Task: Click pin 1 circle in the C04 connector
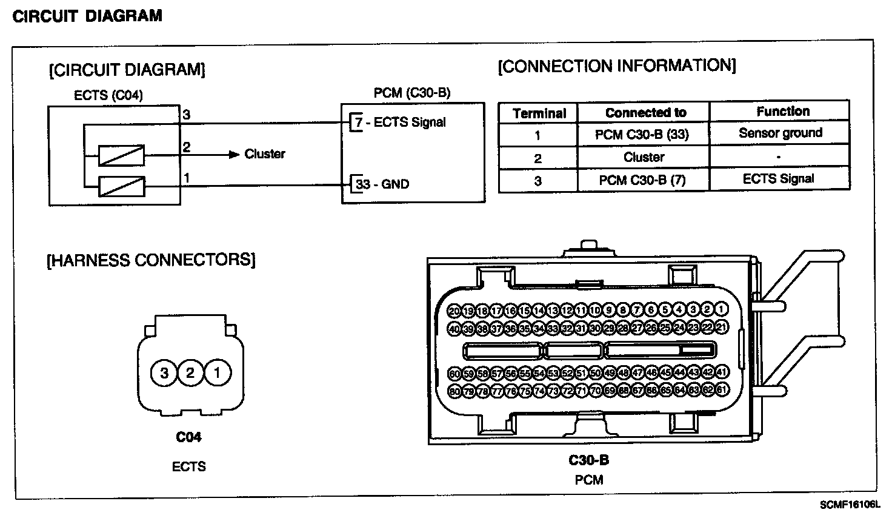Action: point(216,372)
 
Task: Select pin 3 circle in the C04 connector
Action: point(164,372)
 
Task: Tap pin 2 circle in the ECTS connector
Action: point(190,372)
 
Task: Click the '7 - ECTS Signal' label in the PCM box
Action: point(400,123)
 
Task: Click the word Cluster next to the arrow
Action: point(265,154)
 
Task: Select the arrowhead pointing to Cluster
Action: point(235,155)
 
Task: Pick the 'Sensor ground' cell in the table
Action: point(780,133)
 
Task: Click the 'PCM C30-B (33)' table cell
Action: point(642,135)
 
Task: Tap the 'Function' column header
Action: point(782,112)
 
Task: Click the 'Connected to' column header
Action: point(645,113)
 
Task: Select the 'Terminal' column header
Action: point(539,113)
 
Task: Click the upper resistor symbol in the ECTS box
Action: point(121,155)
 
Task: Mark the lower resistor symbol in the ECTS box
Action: point(121,186)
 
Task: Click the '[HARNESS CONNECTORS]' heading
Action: point(151,260)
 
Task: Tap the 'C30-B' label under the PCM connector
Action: point(588,460)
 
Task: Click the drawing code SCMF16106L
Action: point(850,505)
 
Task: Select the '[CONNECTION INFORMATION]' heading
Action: point(617,66)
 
